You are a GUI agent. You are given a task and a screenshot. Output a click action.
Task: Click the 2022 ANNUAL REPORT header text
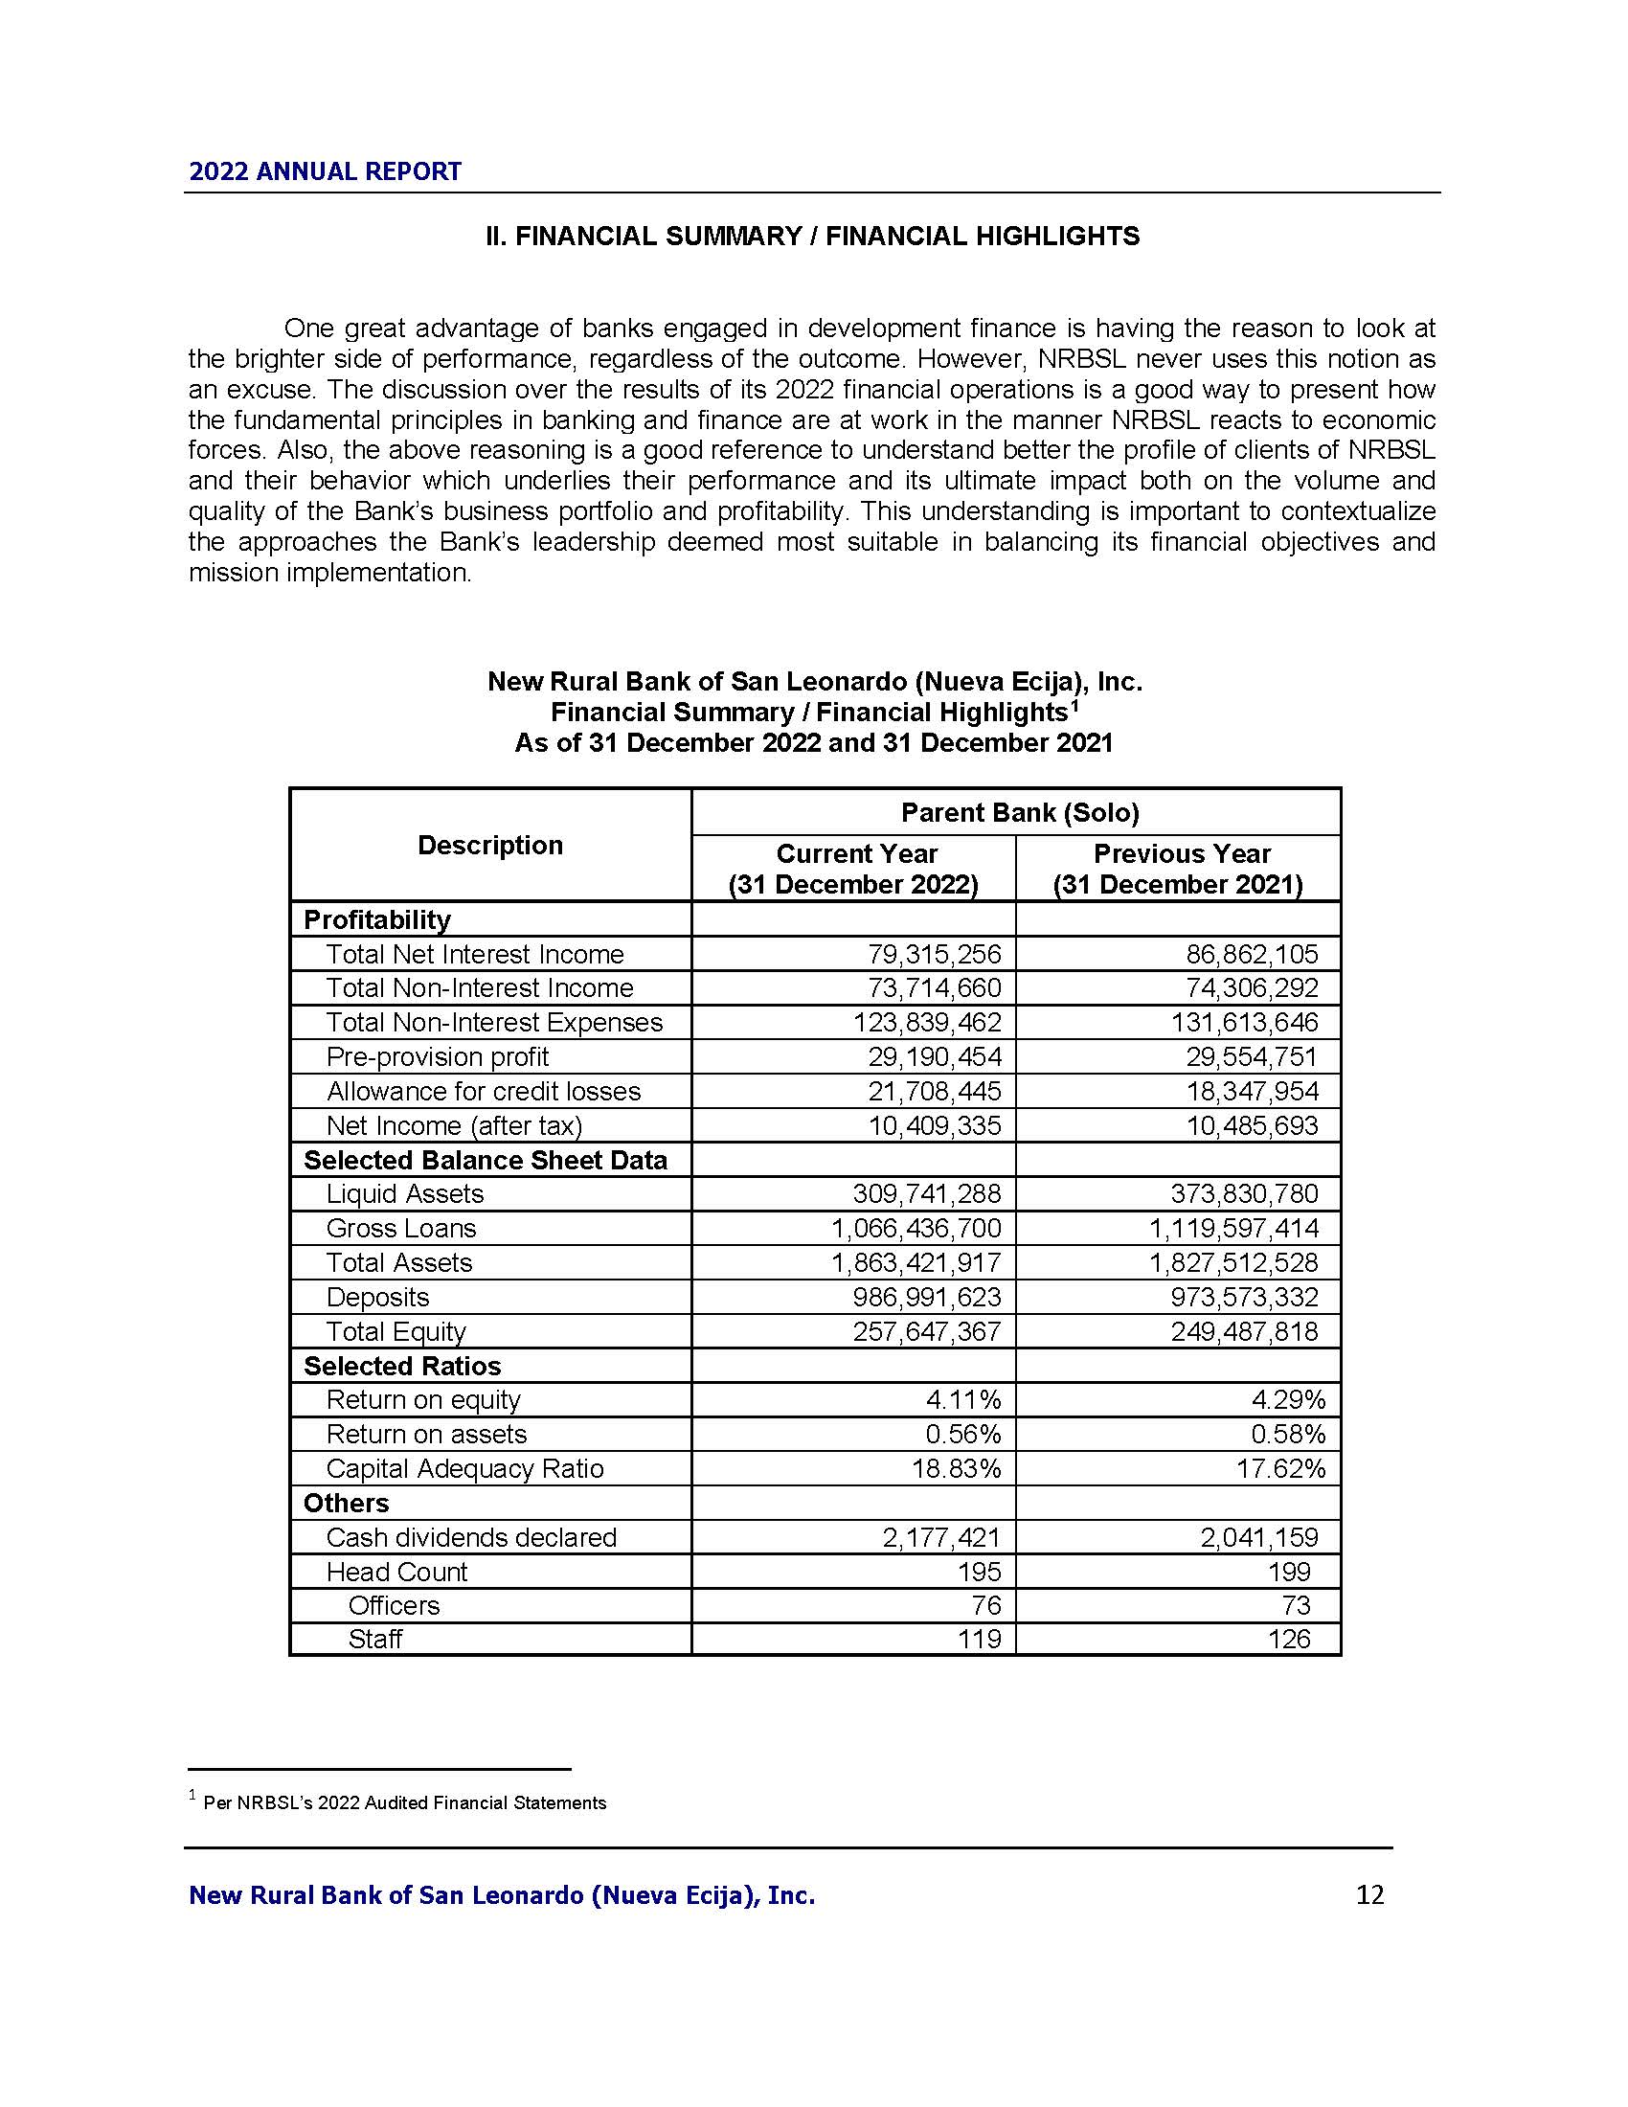coord(325,171)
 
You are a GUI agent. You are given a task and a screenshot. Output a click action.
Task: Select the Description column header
coord(490,845)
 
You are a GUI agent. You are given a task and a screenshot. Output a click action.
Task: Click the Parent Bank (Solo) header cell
coord(1020,812)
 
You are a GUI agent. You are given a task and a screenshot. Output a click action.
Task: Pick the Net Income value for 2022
coord(935,1125)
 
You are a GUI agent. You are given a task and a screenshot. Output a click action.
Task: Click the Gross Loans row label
coord(401,1228)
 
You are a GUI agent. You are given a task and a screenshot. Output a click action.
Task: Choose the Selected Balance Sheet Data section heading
coord(486,1160)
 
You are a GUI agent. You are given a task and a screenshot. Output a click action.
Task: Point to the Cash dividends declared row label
coord(470,1537)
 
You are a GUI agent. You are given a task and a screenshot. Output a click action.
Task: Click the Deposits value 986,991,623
coord(927,1297)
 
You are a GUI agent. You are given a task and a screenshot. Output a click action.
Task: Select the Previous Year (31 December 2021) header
coord(1180,869)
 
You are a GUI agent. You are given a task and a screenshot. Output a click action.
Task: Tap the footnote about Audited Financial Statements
coord(404,1802)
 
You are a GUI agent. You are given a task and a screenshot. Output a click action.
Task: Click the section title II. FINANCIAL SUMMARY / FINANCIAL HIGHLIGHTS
coord(812,237)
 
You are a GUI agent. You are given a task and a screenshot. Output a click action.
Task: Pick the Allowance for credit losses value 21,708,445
coord(935,1091)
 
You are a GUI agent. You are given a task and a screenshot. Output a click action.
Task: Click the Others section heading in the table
coord(347,1503)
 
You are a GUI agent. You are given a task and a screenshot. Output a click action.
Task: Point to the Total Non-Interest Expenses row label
coord(494,1022)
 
